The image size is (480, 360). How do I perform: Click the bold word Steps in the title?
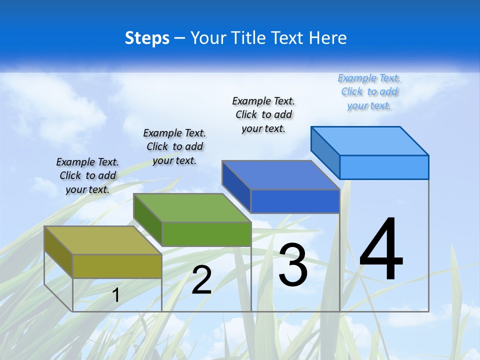[147, 38]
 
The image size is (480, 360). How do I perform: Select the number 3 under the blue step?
[293, 264]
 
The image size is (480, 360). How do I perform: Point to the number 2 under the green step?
[201, 280]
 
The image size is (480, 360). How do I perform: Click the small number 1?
[115, 295]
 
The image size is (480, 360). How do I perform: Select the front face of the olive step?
[117, 266]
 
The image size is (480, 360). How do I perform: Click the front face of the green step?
[206, 234]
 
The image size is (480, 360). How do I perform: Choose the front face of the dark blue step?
[295, 201]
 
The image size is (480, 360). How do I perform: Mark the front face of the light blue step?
[384, 167]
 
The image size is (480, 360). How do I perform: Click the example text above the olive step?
[87, 175]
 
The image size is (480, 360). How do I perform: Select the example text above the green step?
[174, 146]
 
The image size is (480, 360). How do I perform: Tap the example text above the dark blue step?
[263, 114]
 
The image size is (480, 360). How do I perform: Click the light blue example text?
[369, 91]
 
